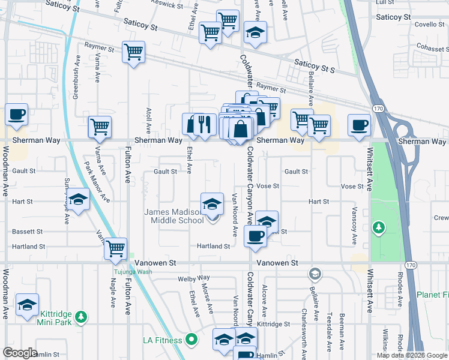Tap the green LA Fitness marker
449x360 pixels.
(191, 340)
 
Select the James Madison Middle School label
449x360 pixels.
(175, 216)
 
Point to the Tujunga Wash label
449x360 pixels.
(133, 271)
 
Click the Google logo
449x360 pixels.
(20, 353)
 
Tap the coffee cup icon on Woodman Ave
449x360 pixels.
(17, 115)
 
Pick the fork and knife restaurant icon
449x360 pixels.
(205, 124)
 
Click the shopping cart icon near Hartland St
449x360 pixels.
(115, 248)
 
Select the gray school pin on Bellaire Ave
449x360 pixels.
(314, 275)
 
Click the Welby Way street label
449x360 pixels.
(193, 278)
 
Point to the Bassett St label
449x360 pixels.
(28, 231)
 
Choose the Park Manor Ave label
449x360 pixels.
(96, 181)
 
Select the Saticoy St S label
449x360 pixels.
(314, 66)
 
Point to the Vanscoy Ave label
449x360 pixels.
(355, 226)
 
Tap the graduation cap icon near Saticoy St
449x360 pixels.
(255, 34)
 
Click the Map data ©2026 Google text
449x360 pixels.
(412, 355)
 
